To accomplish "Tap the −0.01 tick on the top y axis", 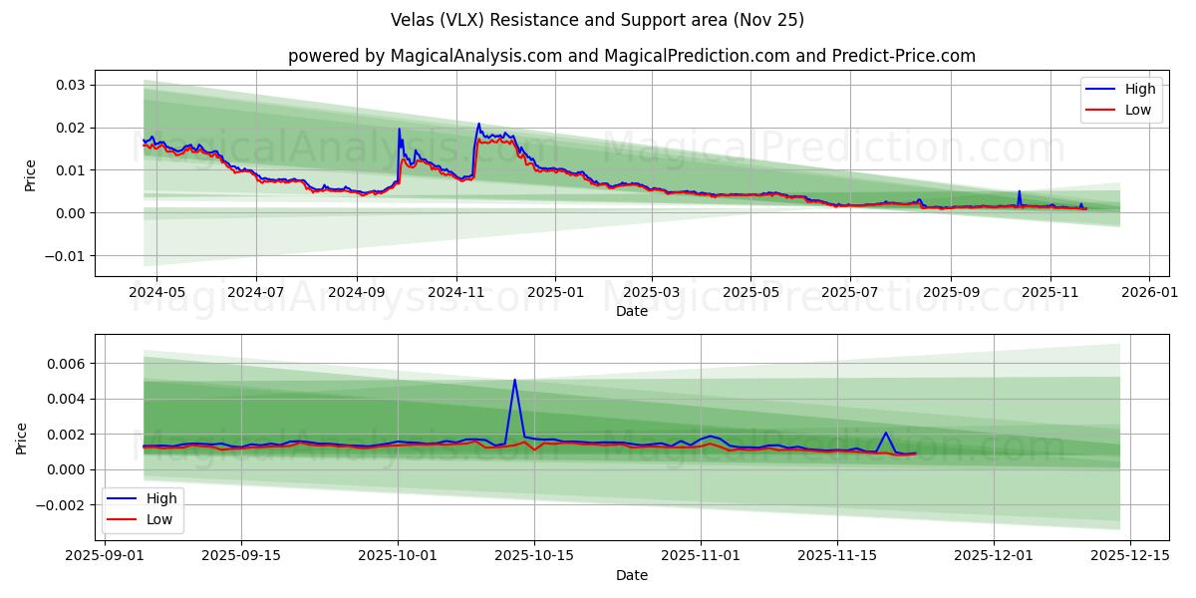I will click(x=67, y=256).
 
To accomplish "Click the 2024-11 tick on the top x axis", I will click(x=456, y=293).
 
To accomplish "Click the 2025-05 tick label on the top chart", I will click(x=750, y=293).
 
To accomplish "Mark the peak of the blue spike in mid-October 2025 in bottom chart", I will click(x=514, y=380).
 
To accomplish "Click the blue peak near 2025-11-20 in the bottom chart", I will click(x=886, y=433).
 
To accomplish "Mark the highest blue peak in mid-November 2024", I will click(x=478, y=124).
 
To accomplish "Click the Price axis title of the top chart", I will click(x=30, y=173).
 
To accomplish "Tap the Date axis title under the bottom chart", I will click(x=632, y=575).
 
